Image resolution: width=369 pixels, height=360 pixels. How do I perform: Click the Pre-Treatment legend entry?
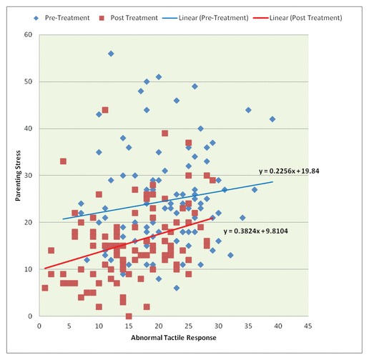tap(62, 18)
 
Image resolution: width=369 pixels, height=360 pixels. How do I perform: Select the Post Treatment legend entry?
tap(128, 18)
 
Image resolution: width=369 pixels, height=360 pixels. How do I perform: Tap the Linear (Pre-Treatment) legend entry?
tap(205, 18)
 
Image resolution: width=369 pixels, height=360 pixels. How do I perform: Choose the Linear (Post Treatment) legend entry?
tap(297, 18)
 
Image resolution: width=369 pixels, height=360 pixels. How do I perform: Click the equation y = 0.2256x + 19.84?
tap(289, 171)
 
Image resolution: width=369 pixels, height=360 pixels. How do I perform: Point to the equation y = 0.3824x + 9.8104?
tap(255, 231)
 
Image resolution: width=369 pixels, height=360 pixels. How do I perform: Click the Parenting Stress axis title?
tap(18, 176)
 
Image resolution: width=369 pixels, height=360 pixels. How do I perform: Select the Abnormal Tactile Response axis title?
tap(174, 338)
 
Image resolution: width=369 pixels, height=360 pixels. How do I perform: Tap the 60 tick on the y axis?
tap(28, 35)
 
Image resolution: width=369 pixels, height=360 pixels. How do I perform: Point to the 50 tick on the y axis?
tap(28, 81)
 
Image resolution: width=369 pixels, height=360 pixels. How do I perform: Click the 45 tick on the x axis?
tap(308, 326)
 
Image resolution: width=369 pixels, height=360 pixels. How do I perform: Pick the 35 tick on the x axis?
tap(248, 326)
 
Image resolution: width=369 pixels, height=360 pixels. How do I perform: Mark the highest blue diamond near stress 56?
tap(111, 54)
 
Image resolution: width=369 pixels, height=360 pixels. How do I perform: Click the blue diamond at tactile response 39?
tap(272, 119)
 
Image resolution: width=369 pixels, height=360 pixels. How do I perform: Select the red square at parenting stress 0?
tap(129, 316)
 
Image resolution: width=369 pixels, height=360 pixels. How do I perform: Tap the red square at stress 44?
tap(105, 110)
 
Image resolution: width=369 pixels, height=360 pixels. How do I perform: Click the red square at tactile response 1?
tap(45, 288)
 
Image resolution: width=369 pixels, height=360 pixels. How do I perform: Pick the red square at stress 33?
tap(63, 161)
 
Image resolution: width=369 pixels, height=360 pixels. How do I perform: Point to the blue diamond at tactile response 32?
tap(230, 255)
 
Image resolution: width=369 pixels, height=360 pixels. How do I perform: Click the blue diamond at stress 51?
tap(159, 77)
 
